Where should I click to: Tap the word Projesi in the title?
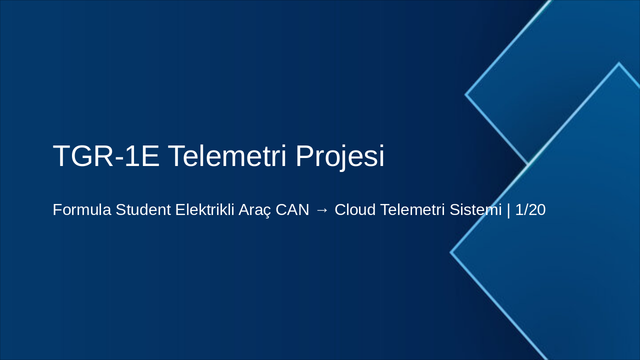[340, 156]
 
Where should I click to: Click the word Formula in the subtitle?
[82, 210]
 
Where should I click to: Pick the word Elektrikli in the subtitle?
[204, 210]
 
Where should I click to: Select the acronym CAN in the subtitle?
[292, 210]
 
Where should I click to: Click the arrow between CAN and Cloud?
[322, 210]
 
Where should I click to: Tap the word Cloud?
[355, 210]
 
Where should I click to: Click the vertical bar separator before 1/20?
[508, 210]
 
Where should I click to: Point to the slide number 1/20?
[530, 210]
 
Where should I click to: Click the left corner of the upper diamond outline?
[466, 94]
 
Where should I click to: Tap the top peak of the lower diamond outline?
[619, 63]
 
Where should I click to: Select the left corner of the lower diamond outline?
[451, 252]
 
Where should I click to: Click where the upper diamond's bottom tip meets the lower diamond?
[528, 164]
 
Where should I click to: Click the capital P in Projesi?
[305, 156]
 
